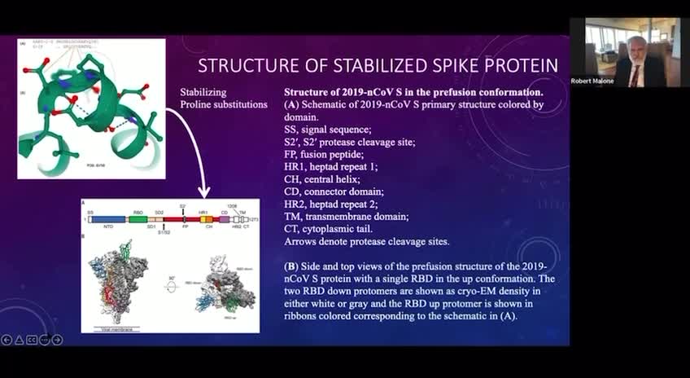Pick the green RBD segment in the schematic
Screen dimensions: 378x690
[x=138, y=219]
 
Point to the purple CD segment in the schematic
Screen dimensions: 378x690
[x=225, y=219]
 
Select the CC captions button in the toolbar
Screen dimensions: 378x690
[x=33, y=339]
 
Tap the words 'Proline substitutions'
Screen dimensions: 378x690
[x=223, y=105]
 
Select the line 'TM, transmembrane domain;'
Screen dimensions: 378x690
[x=346, y=216]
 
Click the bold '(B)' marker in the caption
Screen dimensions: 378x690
[x=292, y=266]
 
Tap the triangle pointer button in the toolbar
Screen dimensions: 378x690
[x=20, y=339]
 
